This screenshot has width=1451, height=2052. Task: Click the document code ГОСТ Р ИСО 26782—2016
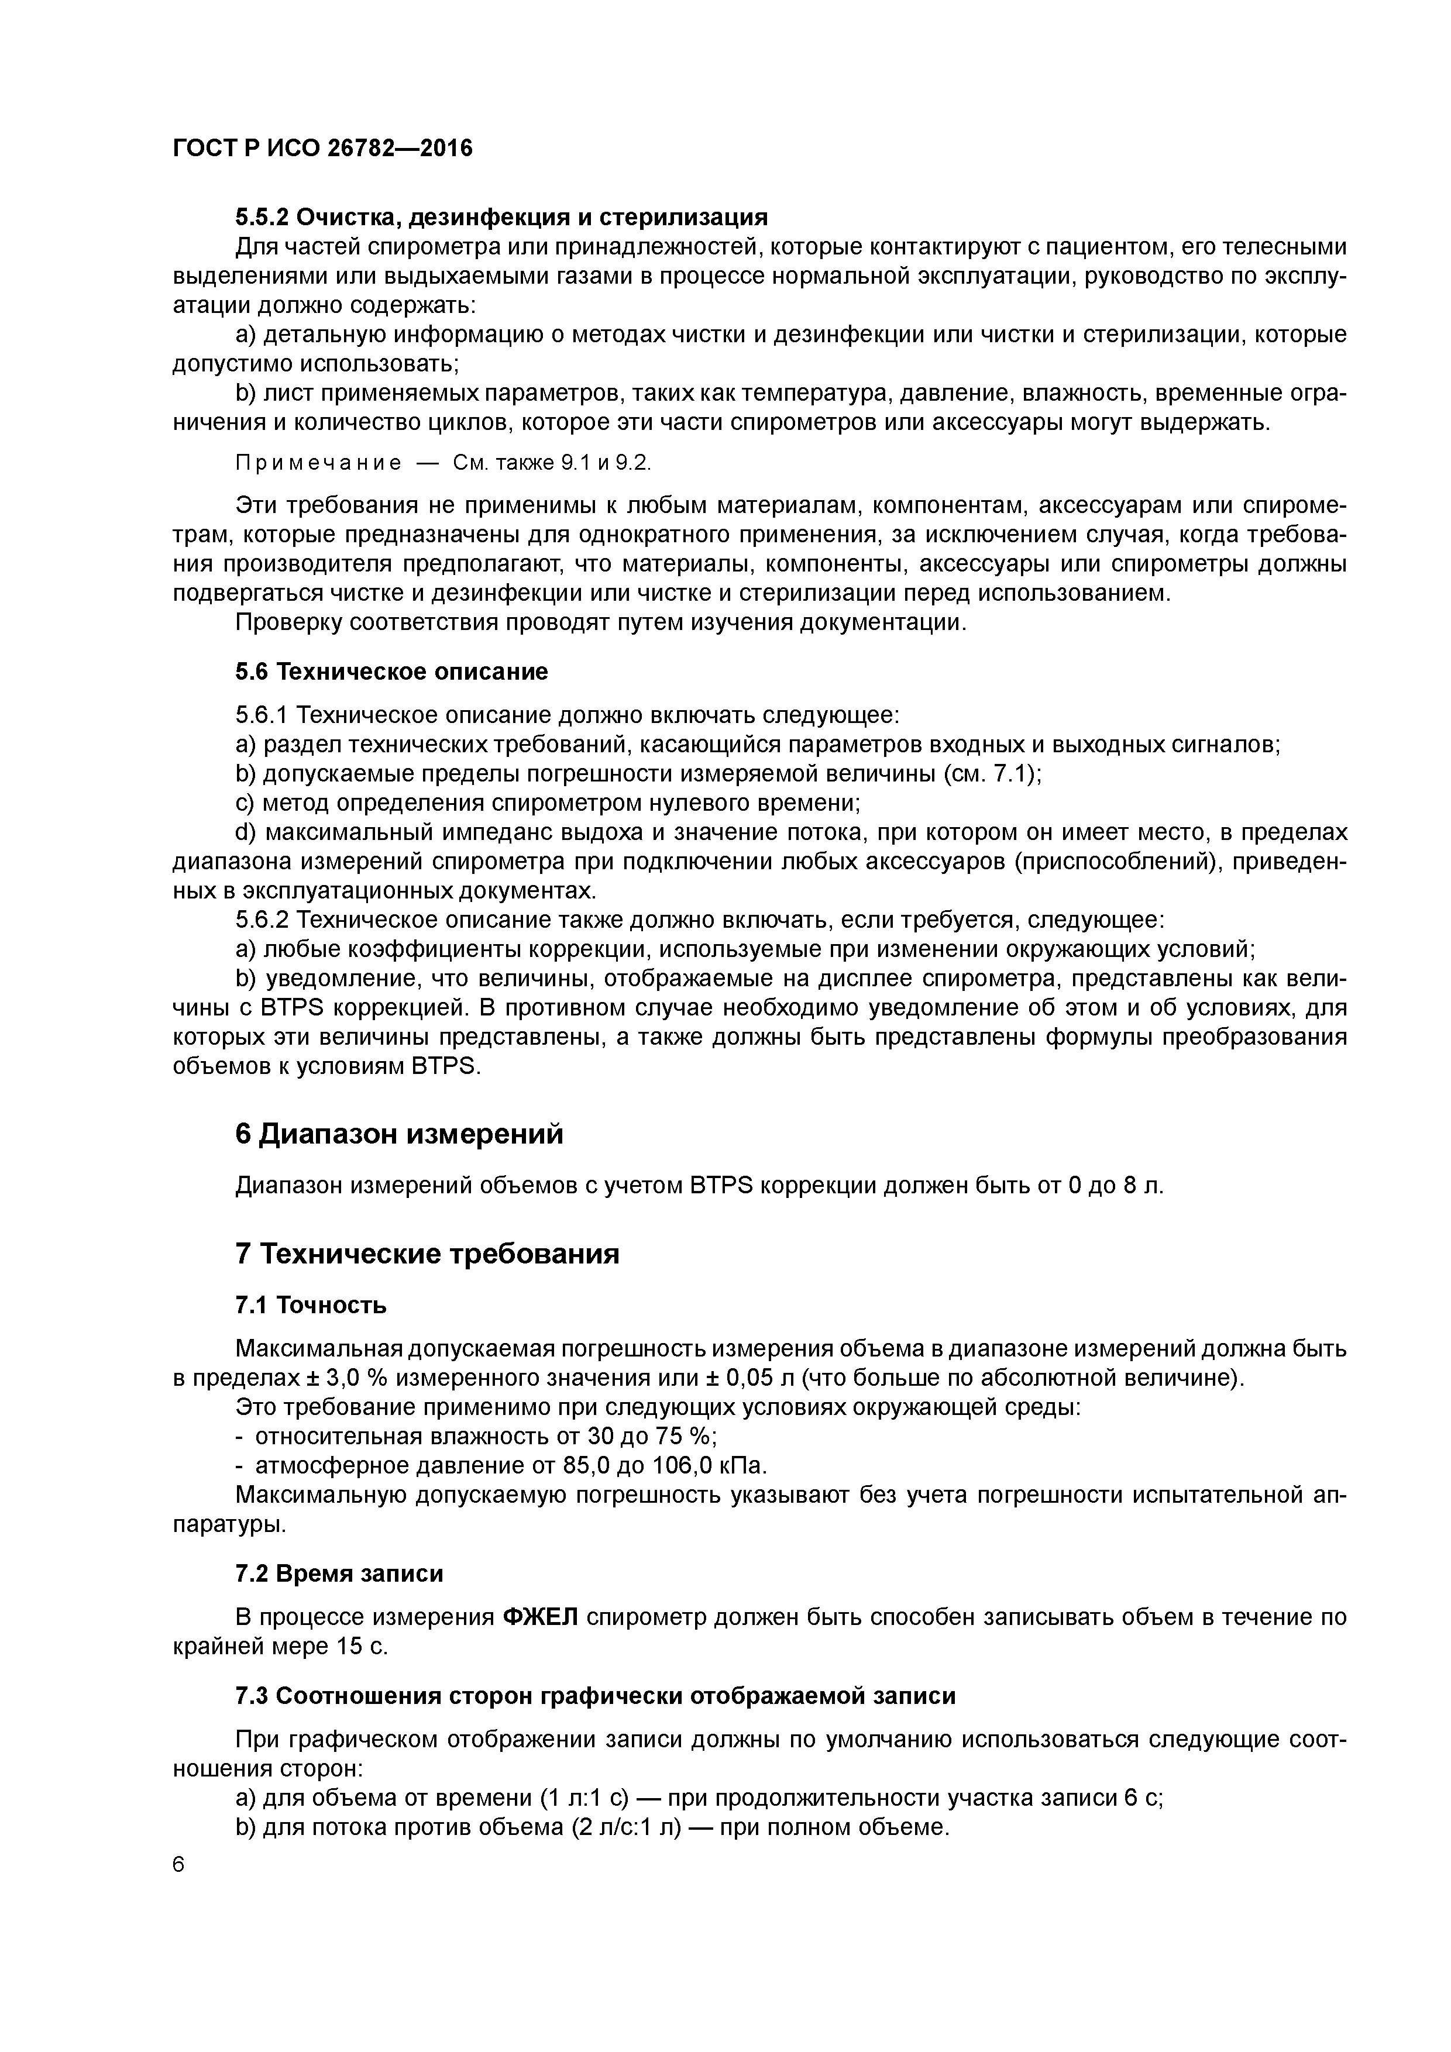[322, 147]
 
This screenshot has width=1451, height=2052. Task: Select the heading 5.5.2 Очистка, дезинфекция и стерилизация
[501, 217]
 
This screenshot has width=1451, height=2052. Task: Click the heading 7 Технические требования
[427, 1254]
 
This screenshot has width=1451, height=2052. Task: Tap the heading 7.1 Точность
[311, 1305]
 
